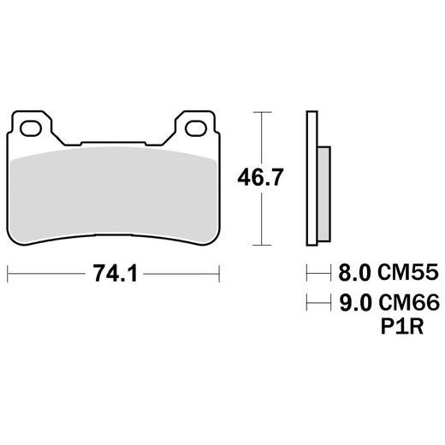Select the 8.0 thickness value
pyautogui.click(x=355, y=274)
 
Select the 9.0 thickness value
pyautogui.click(x=355, y=302)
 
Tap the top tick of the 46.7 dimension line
pyautogui.click(x=261, y=111)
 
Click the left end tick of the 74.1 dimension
pyautogui.click(x=9, y=274)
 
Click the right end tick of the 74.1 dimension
pyautogui.click(x=221, y=274)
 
